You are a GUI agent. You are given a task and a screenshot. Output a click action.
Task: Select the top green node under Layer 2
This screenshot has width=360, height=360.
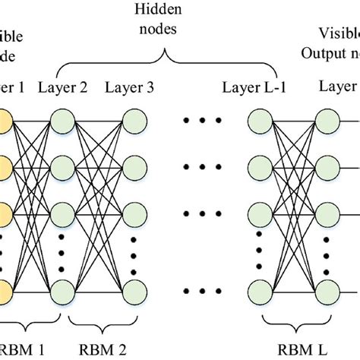(62, 121)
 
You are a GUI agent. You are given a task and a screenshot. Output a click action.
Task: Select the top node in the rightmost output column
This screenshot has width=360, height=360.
(329, 121)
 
